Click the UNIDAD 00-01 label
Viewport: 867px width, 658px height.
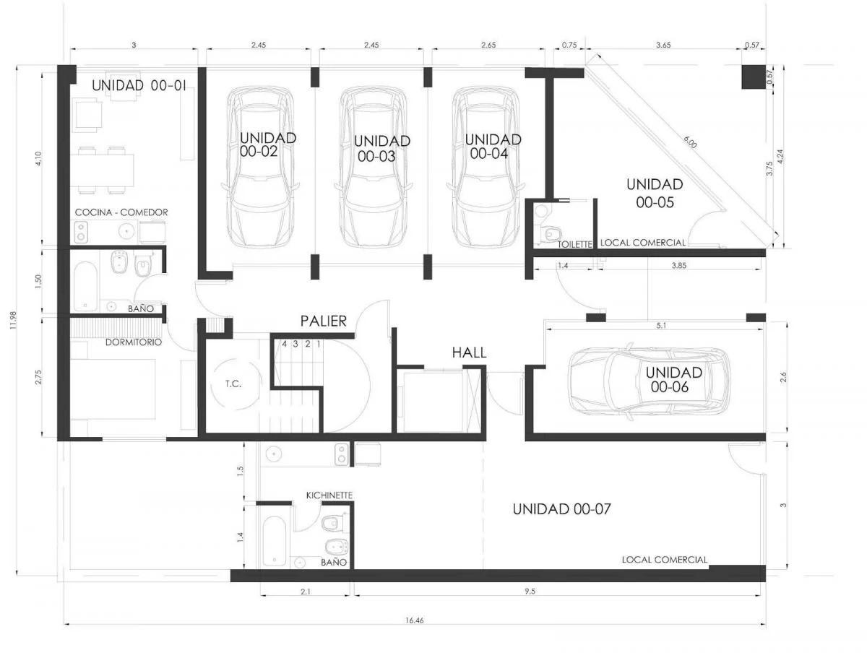coord(139,85)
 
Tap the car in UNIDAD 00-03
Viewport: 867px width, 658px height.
coord(374,167)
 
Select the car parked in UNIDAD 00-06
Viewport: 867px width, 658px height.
coord(649,384)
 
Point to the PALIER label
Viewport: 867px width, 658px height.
coord(323,321)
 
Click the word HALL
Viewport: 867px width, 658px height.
coord(469,352)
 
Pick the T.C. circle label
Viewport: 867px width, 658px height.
coord(233,384)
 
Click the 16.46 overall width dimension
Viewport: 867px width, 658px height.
coord(414,620)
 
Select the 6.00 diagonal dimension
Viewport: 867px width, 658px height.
coord(690,142)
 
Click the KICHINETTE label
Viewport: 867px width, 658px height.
coord(329,495)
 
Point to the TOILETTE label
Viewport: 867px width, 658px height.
coord(574,245)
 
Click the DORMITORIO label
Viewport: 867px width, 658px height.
coord(134,342)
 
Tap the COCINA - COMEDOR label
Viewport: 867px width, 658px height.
coord(121,212)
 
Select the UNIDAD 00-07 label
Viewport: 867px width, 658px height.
coord(561,509)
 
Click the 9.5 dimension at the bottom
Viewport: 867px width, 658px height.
coord(530,592)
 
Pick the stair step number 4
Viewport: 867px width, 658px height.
coord(284,344)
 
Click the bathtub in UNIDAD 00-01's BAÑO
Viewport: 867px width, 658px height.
coord(85,287)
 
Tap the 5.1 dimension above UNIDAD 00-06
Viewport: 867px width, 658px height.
coord(661,326)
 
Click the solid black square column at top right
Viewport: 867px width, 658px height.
coord(754,77)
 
